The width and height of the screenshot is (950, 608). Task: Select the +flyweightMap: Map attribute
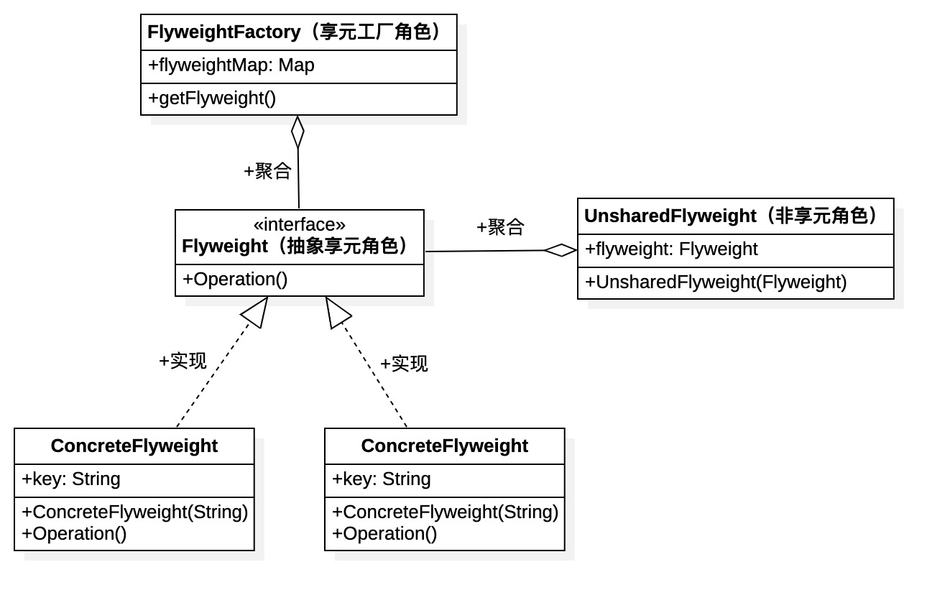[231, 65]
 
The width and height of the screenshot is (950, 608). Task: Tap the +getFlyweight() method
[212, 98]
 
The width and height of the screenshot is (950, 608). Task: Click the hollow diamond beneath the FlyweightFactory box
[298, 132]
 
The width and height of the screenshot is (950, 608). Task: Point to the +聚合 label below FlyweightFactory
[267, 171]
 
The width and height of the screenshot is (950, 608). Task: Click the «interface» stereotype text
[299, 225]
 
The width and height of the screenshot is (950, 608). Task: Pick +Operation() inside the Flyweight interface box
[235, 280]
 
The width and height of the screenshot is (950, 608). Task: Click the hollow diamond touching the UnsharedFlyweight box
[561, 250]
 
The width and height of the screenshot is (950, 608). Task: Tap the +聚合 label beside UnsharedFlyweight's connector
[500, 227]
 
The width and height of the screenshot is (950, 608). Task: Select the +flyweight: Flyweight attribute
[671, 249]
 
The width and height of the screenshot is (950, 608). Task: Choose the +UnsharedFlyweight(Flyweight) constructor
[716, 282]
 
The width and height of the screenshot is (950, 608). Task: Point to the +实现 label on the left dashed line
[183, 361]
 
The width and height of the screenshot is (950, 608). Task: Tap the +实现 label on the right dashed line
[404, 364]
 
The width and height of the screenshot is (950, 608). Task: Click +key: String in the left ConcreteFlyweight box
[71, 479]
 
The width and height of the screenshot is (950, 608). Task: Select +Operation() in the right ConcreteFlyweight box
[384, 534]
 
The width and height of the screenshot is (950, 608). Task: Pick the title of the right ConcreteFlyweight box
[444, 446]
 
